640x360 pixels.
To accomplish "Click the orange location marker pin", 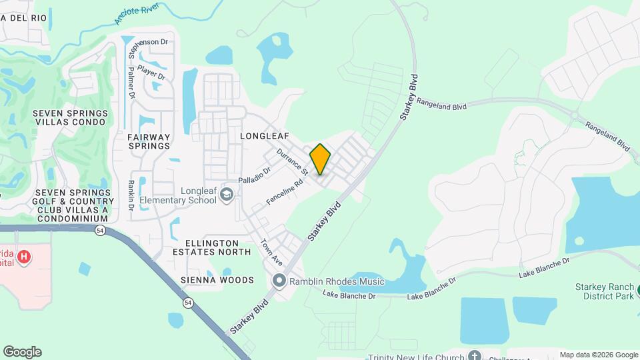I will tap(321, 159).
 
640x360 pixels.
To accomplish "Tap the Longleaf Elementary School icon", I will tap(227, 194).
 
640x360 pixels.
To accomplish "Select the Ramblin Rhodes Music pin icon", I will tap(279, 281).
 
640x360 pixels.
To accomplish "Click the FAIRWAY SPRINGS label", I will tap(149, 141).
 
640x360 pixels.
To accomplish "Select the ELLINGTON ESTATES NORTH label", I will tap(212, 247).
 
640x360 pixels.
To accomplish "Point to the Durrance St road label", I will tap(293, 162).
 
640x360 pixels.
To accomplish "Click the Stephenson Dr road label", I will tap(147, 42).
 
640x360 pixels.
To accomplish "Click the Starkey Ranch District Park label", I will tap(604, 291).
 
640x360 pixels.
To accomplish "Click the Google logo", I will tap(22, 352).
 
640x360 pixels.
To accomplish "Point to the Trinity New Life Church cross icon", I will tap(474, 355).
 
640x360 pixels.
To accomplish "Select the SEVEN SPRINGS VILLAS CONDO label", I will tap(69, 118).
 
